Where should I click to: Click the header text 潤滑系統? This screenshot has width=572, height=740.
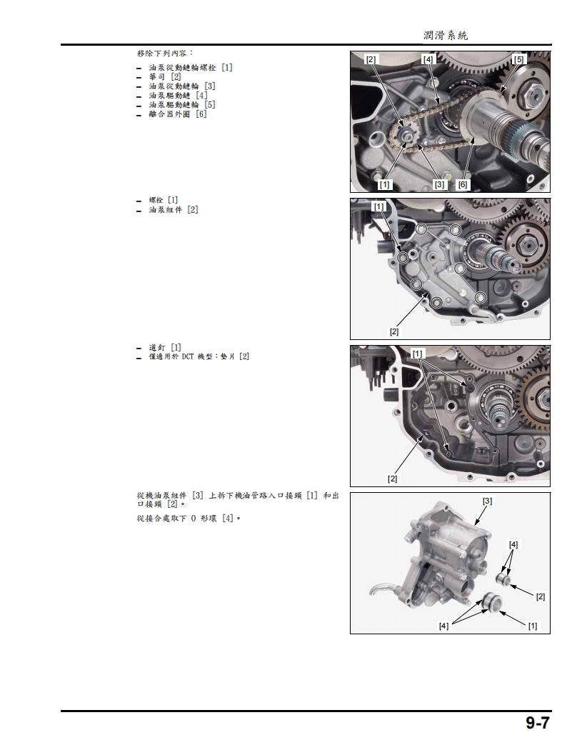tap(445, 36)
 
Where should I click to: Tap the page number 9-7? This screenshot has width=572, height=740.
tap(538, 723)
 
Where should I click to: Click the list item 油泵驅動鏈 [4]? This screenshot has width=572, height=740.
tap(178, 95)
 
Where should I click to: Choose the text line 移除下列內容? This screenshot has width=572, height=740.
tap(164, 54)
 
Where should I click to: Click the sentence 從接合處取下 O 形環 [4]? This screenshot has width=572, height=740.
tap(187, 518)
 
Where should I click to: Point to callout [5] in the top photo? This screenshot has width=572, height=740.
tap(518, 59)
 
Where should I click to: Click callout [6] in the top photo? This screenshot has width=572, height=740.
tap(463, 184)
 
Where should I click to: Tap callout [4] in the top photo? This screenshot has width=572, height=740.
tap(428, 59)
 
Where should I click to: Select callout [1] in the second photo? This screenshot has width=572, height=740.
tap(379, 206)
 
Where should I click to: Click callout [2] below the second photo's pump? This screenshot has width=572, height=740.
tap(393, 331)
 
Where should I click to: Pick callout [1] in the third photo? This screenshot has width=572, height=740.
tap(418, 354)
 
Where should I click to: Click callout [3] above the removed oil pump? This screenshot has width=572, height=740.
tap(487, 501)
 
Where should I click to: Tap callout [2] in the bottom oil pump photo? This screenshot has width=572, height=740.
tap(540, 596)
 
